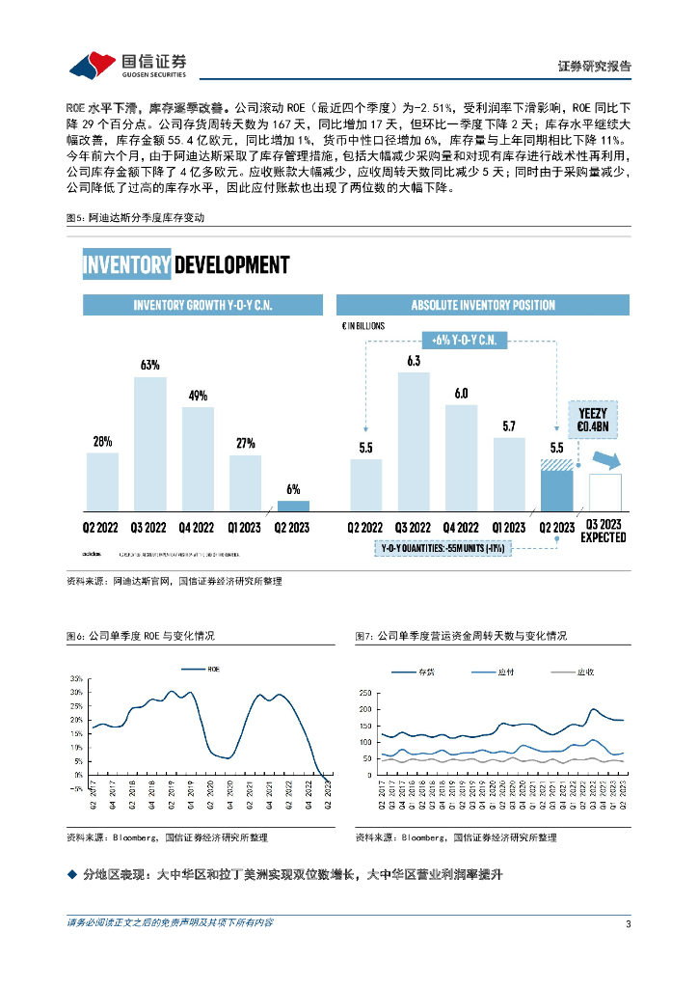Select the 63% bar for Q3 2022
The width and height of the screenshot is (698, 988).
pos(149,444)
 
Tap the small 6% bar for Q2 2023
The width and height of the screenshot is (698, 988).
pos(293,506)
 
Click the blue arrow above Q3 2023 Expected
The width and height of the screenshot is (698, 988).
pos(604,461)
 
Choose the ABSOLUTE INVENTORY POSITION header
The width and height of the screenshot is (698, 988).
pos(483,305)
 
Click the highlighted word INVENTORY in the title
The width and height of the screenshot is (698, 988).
pos(126,264)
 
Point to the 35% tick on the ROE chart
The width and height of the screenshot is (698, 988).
pos(76,678)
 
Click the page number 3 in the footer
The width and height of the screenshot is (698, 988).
pos(628,924)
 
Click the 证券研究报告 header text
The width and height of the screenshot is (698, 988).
pos(595,67)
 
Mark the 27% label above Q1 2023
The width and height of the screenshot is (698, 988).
pos(245,443)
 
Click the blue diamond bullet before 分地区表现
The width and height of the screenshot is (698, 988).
pos(70,874)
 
